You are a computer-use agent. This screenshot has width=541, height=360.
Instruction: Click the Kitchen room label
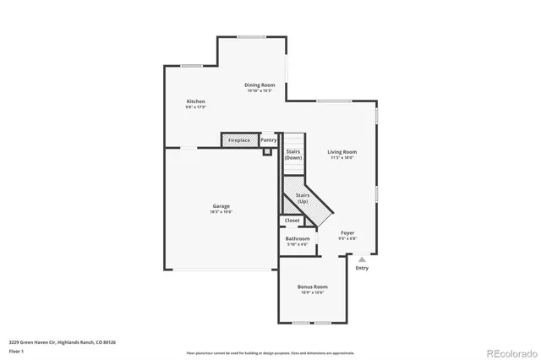pos(195,101)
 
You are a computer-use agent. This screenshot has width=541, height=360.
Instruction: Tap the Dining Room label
pos(260,85)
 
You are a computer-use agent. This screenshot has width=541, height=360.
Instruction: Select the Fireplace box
pos(239,139)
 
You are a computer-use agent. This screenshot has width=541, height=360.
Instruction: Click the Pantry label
pos(268,139)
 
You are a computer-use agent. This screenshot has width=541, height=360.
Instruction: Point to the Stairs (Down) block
pos(292,155)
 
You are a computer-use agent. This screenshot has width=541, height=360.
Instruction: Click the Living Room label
pos(342,152)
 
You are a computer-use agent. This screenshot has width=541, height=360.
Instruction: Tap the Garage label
pos(221,206)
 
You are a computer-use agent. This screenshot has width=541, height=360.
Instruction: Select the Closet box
pos(292,221)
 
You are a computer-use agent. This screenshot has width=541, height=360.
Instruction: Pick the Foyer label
pos(347,232)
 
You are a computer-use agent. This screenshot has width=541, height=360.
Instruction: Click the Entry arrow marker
pos(362,259)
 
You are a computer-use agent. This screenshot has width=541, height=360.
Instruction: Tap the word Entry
pos(362,268)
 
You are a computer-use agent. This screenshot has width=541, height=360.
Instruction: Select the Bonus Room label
pos(312,287)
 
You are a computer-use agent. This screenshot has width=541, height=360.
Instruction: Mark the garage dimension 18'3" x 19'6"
pos(221,212)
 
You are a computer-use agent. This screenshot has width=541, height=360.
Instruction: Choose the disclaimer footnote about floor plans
pos(270,352)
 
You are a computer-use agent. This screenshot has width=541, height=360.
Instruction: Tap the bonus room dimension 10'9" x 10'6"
pos(312,293)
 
